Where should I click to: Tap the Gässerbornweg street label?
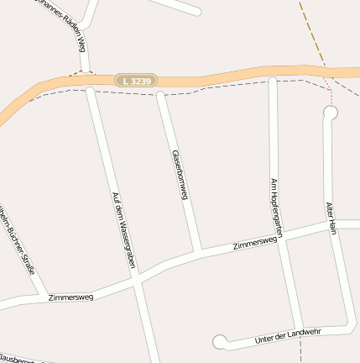pos(177,175)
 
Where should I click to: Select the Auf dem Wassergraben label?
pos(123,230)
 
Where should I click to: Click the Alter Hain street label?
pos(332,218)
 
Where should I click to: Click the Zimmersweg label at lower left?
pos(70,297)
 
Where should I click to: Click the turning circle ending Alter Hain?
pos(330,111)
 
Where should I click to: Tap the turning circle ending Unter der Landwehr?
pos(220,341)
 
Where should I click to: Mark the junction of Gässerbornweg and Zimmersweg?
pos(198,252)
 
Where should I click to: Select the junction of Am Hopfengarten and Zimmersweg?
pos(280,237)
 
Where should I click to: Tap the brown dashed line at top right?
pos(311,34)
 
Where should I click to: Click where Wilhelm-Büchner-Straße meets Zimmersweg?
pos(42,295)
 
